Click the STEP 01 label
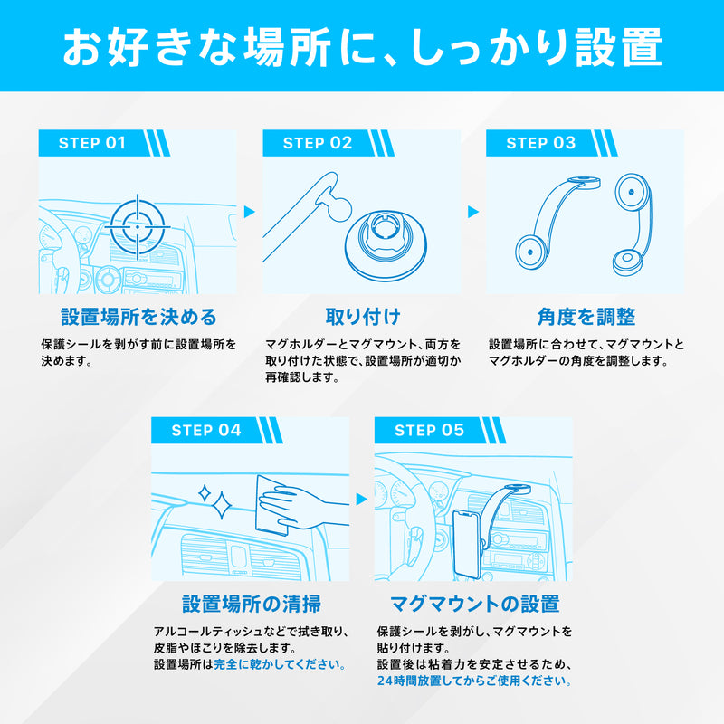[92, 143]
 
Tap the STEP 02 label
[318, 143]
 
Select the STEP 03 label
[540, 143]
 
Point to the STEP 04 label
[206, 431]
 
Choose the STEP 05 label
[429, 431]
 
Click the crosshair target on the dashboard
[138, 227]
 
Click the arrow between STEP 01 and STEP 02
[250, 212]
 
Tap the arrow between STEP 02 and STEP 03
[473, 212]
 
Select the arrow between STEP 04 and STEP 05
[361, 500]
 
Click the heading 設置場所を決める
[138, 317]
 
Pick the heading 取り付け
[363, 317]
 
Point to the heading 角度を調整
[586, 317]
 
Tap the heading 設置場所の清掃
[252, 604]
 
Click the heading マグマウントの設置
[474, 604]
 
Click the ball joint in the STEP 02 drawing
[335, 207]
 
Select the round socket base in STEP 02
[386, 244]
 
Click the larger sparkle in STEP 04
[221, 506]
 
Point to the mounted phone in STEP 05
[467, 544]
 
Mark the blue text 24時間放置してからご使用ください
[474, 681]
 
